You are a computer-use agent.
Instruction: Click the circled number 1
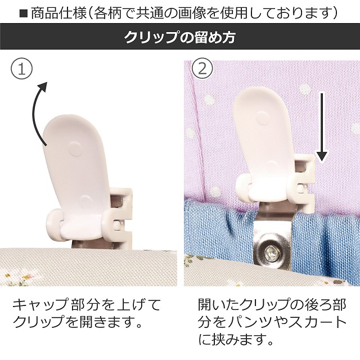22,69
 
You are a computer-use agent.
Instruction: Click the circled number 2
202,69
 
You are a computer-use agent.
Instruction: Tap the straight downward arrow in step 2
322,127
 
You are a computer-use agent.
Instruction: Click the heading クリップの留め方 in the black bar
180,37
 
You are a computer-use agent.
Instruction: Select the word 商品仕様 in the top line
58,13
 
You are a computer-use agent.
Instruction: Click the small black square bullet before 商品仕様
24,14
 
